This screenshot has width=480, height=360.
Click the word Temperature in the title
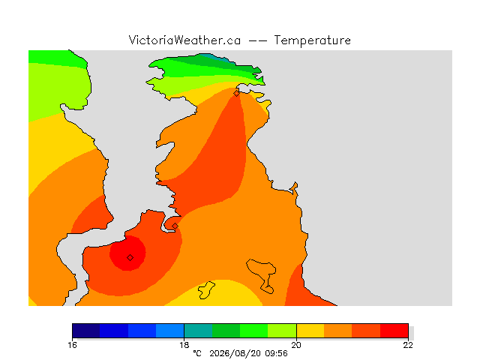coord(312,40)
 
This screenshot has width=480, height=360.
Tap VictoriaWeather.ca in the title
coord(184,40)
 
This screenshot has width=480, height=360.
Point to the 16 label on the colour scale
coord(72,345)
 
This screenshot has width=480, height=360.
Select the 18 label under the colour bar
coord(184,345)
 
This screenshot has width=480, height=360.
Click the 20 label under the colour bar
coord(296,345)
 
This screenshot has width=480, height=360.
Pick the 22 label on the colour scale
coord(408,345)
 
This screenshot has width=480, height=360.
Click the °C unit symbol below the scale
coord(197,353)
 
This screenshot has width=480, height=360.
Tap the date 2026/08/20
coord(235,353)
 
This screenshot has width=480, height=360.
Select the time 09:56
coord(277,353)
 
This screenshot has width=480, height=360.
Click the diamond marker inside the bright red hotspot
coord(130,258)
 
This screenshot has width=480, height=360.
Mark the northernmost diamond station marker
coord(236,93)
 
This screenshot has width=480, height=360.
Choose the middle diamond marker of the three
coord(175,226)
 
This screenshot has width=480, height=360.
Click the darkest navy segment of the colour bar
coord(86,331)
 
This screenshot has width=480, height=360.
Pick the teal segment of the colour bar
coord(198,331)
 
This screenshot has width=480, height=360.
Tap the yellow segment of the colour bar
coord(310,331)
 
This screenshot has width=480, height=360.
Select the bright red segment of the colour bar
coord(394,331)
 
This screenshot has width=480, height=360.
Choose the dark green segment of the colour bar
coord(226,331)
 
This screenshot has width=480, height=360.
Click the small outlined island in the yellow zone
coord(206,290)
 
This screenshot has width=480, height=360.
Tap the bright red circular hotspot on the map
coord(128,253)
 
